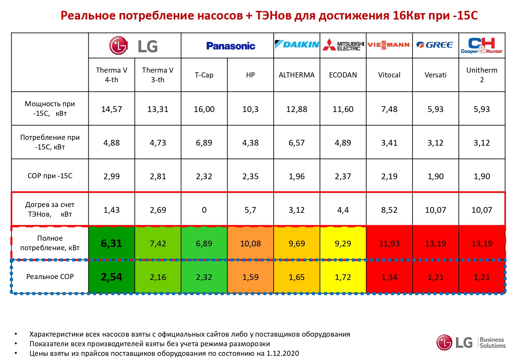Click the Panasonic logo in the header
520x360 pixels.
tap(230, 46)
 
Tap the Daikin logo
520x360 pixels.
tap(297, 44)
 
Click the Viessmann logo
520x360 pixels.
tap(389, 45)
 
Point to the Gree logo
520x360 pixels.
tap(435, 45)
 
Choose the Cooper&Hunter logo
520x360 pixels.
tap(482, 46)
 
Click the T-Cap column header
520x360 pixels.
tap(204, 75)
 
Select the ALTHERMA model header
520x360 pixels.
tap(297, 75)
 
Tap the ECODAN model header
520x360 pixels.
tap(343, 75)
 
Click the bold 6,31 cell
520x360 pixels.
tap(111, 244)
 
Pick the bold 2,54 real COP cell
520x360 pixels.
tap(111, 277)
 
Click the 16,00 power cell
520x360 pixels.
tap(204, 109)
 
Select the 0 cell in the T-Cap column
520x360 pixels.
tap(204, 210)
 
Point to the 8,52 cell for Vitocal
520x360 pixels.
tap(389, 210)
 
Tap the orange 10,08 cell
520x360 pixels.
tap(250, 244)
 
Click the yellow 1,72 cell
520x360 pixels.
tap(343, 277)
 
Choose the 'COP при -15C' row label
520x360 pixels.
tap(50, 176)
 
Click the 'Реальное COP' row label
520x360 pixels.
tap(50, 276)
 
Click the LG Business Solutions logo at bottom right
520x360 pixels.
tap(471, 342)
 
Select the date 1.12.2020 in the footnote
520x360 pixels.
tap(283, 353)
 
